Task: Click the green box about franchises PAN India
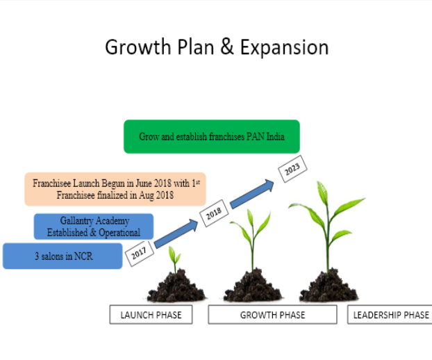(212, 137)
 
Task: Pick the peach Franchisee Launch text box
(115, 190)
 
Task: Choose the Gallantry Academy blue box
(93, 227)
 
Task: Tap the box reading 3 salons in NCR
(63, 256)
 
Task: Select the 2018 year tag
(213, 215)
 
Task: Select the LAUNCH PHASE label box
(151, 315)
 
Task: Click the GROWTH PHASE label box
(272, 315)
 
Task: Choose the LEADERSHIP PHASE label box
(390, 315)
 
